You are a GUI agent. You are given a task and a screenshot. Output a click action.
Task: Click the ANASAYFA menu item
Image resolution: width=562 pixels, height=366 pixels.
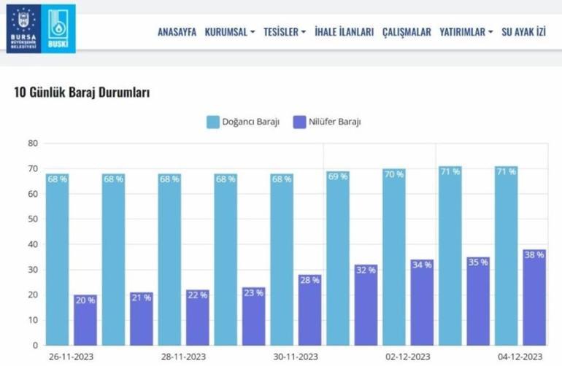(x=177, y=32)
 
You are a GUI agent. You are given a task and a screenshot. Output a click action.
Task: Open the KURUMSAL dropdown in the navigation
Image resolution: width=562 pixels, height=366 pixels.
(x=230, y=32)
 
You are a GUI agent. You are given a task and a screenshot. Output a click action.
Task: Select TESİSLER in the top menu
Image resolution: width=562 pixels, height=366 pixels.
(x=283, y=32)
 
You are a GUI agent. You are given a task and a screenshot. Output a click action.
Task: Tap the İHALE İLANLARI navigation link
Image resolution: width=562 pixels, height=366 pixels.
(x=344, y=32)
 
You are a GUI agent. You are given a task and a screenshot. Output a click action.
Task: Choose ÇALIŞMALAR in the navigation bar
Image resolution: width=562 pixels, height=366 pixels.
(x=407, y=32)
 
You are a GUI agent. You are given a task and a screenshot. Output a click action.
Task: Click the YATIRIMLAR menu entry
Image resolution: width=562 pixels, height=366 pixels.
(x=466, y=32)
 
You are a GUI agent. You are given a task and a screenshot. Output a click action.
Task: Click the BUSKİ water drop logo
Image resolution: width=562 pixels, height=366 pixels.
(x=58, y=28)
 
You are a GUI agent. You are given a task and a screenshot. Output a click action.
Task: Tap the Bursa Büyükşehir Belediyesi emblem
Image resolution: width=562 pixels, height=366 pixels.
(x=22, y=28)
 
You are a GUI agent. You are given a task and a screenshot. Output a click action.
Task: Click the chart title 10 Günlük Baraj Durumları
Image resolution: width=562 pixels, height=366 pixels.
(x=82, y=93)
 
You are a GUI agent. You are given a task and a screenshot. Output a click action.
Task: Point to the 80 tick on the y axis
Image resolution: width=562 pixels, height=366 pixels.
(x=32, y=143)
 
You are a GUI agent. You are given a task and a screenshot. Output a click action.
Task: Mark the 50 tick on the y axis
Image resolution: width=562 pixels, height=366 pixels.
(x=32, y=219)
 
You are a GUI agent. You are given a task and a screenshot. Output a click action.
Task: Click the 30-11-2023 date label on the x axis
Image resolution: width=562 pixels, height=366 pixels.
(x=294, y=357)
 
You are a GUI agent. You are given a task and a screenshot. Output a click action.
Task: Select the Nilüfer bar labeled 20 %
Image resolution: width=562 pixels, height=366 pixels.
(x=85, y=321)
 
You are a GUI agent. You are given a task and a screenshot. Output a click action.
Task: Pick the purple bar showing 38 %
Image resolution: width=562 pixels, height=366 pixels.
(x=534, y=299)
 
